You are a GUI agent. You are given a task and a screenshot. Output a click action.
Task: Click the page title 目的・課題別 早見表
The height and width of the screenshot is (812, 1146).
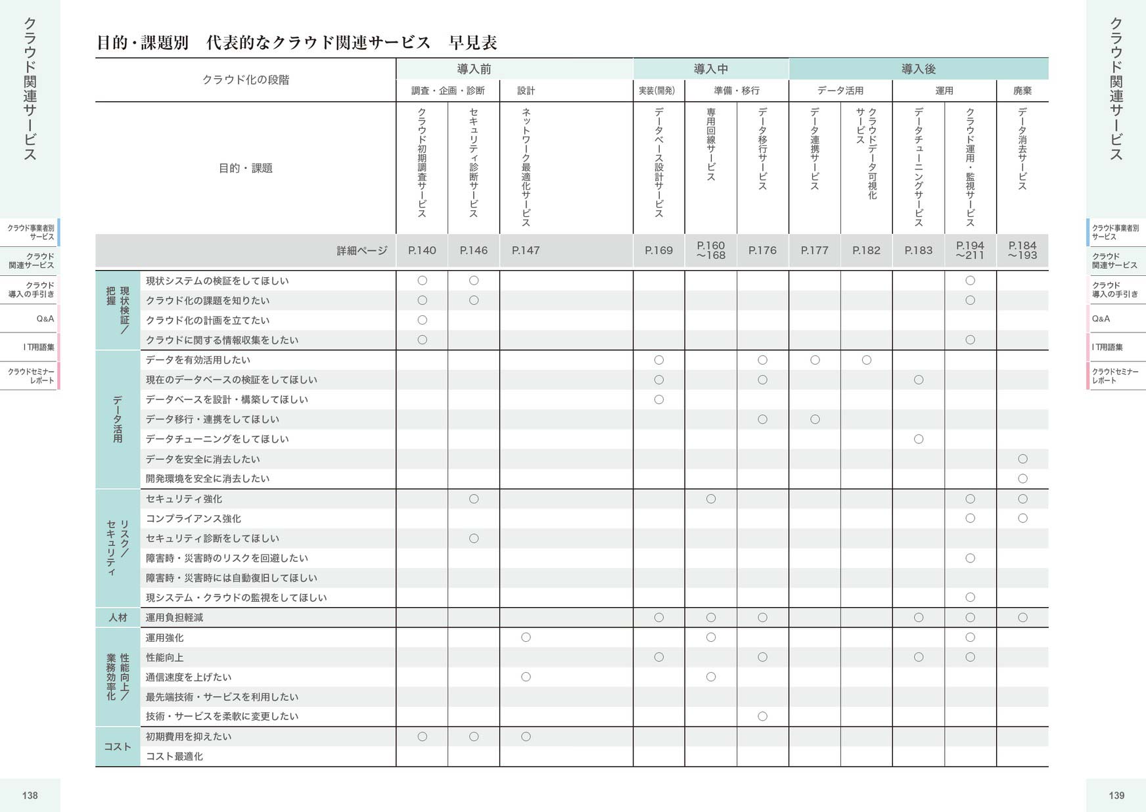[x=296, y=43]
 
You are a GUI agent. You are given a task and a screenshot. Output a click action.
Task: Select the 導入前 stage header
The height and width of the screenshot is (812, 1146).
[x=474, y=69]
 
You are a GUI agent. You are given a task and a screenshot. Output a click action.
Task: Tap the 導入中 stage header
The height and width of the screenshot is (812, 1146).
[x=710, y=69]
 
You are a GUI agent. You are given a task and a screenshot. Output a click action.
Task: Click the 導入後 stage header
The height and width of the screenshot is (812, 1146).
[x=918, y=69]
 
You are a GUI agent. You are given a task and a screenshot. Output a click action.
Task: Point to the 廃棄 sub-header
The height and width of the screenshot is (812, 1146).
[x=1022, y=91]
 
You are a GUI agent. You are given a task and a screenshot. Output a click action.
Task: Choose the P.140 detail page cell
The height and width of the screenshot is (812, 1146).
[x=422, y=250]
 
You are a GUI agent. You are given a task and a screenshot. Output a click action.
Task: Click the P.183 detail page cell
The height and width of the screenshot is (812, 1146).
[x=918, y=250]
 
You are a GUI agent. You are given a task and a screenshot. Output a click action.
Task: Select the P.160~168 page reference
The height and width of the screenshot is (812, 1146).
[x=710, y=250]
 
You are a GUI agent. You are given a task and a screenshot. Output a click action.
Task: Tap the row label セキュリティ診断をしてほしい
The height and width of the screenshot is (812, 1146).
[x=212, y=538]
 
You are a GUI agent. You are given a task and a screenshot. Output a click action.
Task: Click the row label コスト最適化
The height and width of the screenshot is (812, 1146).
[x=174, y=756]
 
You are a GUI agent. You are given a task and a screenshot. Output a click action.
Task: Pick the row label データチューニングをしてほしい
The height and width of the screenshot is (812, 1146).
[x=217, y=439]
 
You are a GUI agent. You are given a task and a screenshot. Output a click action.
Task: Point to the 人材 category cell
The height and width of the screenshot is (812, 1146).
[x=118, y=618]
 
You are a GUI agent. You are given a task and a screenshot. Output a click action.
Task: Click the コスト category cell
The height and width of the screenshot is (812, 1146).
[x=118, y=746]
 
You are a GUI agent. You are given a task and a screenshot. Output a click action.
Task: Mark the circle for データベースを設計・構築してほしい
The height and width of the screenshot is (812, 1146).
[x=658, y=399]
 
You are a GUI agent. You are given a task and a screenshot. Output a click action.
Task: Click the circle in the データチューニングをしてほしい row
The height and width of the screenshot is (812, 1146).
[x=918, y=439]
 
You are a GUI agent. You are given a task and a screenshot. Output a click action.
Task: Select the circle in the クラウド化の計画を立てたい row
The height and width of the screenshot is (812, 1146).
[x=422, y=320]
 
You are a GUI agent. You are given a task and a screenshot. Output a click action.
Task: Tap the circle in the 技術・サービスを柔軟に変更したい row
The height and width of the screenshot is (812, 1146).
[x=762, y=716]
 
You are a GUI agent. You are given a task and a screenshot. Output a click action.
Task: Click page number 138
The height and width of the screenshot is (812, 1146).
[x=30, y=795]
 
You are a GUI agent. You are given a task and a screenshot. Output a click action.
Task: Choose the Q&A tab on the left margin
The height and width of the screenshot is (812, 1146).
[x=45, y=319]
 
